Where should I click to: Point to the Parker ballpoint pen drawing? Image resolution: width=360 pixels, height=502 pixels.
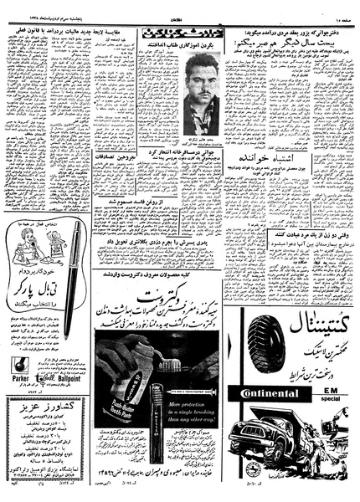75,269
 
